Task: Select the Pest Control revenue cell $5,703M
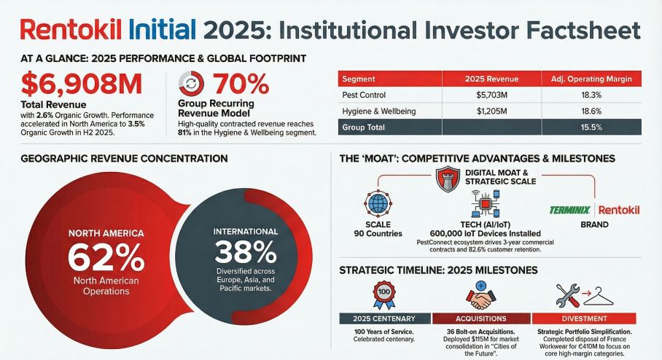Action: pos(490,95)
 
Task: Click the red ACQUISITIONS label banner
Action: pos(481,318)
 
